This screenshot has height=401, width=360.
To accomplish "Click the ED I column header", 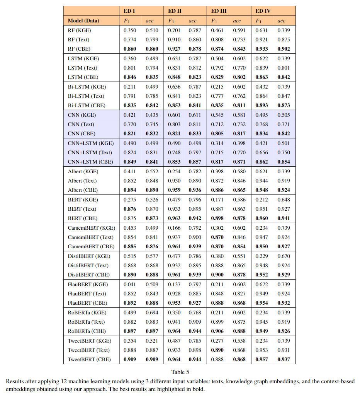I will [x=129, y=11].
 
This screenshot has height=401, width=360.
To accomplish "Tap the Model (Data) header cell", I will [x=83, y=20].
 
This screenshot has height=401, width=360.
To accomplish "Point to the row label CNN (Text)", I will [x=81, y=124].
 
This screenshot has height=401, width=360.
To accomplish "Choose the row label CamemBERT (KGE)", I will [x=91, y=228].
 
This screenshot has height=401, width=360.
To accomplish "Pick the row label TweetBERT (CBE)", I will [x=89, y=359].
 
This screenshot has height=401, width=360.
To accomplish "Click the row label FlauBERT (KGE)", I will [x=87, y=284].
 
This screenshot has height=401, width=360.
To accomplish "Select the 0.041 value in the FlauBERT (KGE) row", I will [x=130, y=284].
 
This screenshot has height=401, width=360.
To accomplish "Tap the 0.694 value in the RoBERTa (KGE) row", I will [x=152, y=312].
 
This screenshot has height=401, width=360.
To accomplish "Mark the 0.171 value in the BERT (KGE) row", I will [x=217, y=200].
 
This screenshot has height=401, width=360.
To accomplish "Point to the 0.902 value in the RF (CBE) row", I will [x=284, y=49].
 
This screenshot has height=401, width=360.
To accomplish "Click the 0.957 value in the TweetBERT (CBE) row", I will [x=262, y=359].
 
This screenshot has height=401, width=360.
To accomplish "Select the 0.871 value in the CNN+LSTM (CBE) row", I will [x=239, y=162].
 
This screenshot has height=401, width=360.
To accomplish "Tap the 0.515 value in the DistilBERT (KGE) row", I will [x=130, y=256].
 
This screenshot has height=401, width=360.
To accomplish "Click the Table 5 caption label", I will [x=180, y=372].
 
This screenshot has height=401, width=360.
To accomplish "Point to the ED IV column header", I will [x=263, y=11].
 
